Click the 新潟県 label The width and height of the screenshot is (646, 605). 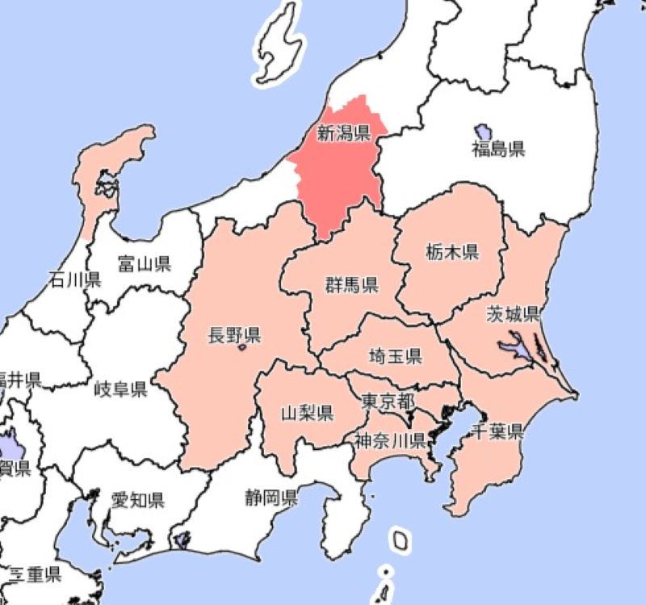pyautogui.click(x=343, y=133)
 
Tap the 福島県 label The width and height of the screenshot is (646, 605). pyautogui.click(x=498, y=149)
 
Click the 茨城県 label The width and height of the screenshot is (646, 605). pyautogui.click(x=513, y=313)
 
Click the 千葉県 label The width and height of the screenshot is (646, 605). pyautogui.click(x=497, y=431)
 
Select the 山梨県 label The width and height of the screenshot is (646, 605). pyautogui.click(x=307, y=414)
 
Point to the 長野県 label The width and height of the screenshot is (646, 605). pyautogui.click(x=234, y=334)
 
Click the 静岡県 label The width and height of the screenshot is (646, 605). pyautogui.click(x=271, y=497)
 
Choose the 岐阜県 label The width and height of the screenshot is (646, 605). pyautogui.click(x=120, y=390)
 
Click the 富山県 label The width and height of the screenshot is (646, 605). pyautogui.click(x=144, y=263)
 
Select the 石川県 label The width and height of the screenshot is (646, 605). pyautogui.click(x=74, y=280)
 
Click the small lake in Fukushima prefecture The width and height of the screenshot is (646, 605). pyautogui.click(x=483, y=131)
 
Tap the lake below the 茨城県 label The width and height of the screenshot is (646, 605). pyautogui.click(x=517, y=349)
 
